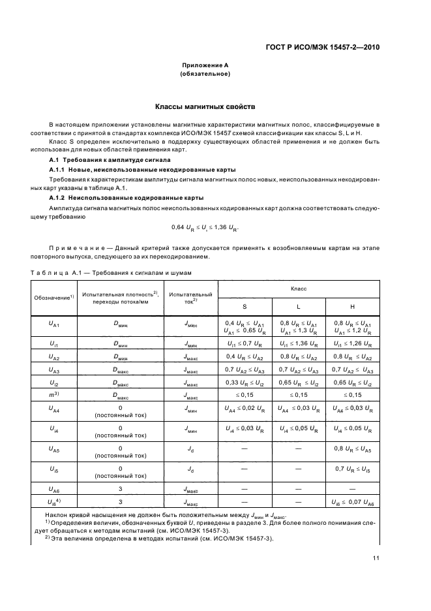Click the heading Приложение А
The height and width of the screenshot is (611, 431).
(x=204, y=66)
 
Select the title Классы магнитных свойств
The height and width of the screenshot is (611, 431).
(x=204, y=106)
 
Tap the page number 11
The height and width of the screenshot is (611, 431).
(x=376, y=557)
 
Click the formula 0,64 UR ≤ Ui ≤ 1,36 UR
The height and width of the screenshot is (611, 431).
(x=204, y=227)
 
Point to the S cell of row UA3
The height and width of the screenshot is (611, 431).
(x=244, y=369)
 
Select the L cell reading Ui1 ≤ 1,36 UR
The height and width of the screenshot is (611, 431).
(x=298, y=343)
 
